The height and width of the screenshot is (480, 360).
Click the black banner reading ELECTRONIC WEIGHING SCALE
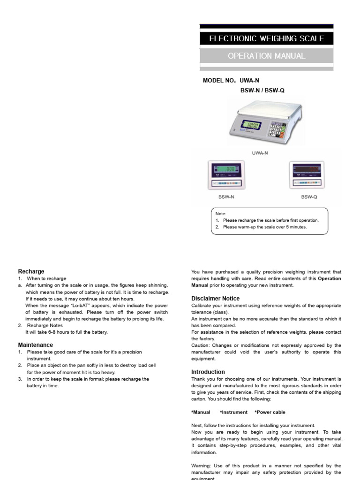pyautogui.click(x=266, y=38)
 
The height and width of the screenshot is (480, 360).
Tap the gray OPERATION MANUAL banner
pyautogui.click(x=266, y=56)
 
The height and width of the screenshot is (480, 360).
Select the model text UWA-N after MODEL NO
pyautogui.click(x=250, y=81)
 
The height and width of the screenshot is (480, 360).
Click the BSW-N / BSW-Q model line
pyautogui.click(x=262, y=90)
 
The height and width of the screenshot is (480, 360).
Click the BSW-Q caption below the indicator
pyautogui.click(x=309, y=197)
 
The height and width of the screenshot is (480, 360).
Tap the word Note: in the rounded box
pyautogui.click(x=221, y=213)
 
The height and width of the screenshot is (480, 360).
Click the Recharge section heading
pyautogui.click(x=31, y=271)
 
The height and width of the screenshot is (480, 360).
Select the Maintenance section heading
pyautogui.click(x=35, y=345)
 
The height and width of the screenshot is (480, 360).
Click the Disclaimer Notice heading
pyautogui.click(x=215, y=299)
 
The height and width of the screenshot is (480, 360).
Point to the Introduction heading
pyautogui.click(x=208, y=372)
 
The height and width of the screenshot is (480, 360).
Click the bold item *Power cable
pyautogui.click(x=270, y=412)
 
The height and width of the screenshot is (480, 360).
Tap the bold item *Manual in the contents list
pyautogui.click(x=201, y=412)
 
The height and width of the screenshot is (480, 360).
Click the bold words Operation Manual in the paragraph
pyautogui.click(x=266, y=282)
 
